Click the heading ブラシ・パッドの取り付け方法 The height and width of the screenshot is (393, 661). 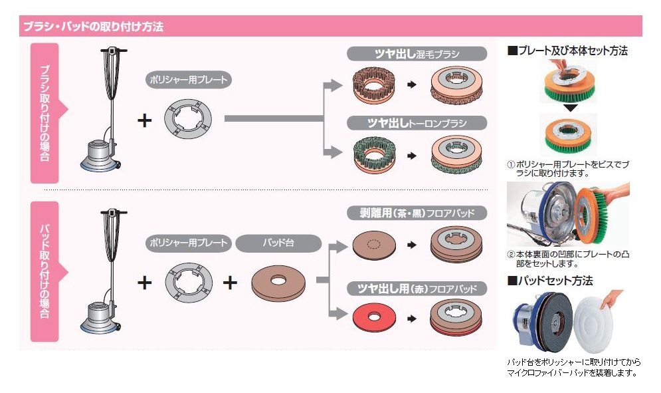[93, 27]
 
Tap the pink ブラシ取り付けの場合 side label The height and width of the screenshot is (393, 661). [45, 112]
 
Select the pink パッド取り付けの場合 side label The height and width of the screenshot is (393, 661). [45, 271]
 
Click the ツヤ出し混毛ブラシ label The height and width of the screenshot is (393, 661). [417, 54]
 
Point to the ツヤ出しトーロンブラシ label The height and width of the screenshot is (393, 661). [417, 123]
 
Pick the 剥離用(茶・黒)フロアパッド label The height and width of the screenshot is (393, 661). [417, 213]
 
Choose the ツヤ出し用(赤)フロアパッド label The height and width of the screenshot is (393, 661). [417, 289]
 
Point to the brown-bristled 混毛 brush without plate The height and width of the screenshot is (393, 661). [374, 85]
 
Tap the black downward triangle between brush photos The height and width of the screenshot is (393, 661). [567, 107]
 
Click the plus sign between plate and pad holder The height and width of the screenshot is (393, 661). [230, 283]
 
